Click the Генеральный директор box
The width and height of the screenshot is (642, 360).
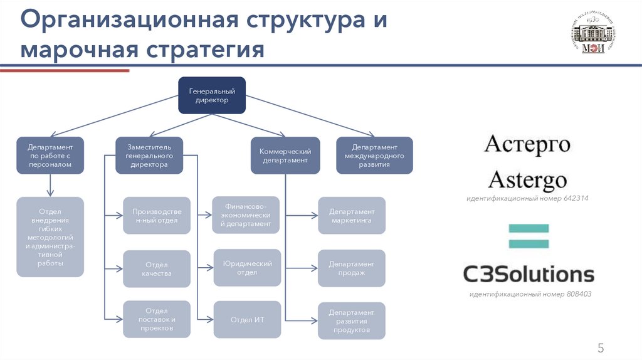[x=211, y=95]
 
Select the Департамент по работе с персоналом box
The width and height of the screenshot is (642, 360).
[x=50, y=155]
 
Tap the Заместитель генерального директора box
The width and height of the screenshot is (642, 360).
[x=149, y=155]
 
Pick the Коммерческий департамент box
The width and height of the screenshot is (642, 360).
[x=285, y=155]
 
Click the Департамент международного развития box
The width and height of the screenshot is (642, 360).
[x=375, y=155]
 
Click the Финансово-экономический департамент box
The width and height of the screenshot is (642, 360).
[x=247, y=214]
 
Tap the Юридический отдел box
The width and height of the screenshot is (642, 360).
[x=247, y=268]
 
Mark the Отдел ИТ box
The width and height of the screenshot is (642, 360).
[x=247, y=319]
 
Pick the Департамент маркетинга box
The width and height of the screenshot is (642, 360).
[x=352, y=216]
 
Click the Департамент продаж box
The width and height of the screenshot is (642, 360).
[x=352, y=268]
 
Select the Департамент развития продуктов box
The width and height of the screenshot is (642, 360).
[x=352, y=320]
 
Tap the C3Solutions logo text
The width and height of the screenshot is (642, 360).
[x=528, y=273]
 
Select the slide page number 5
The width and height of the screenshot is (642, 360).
[x=600, y=349]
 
